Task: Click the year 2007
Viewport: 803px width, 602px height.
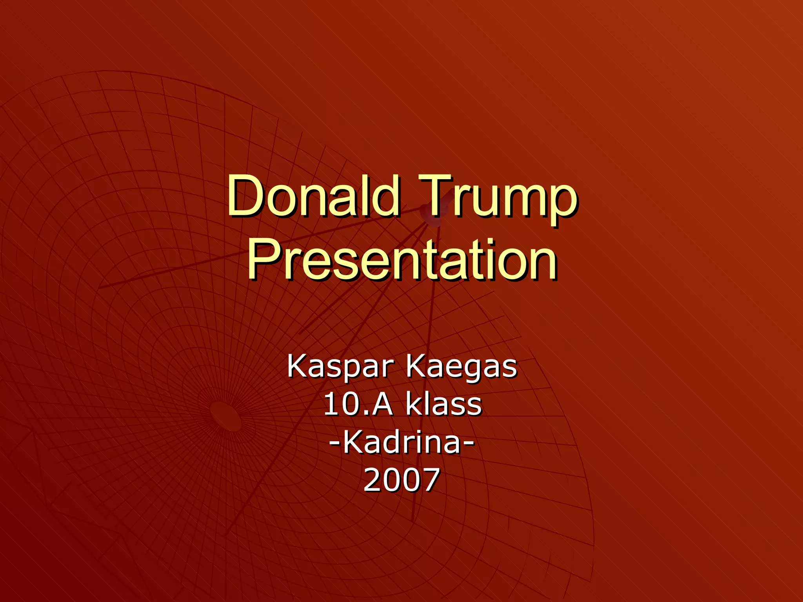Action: point(402,480)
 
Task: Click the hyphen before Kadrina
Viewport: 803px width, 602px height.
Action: point(334,443)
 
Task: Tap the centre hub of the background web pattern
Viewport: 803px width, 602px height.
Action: point(226,416)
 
